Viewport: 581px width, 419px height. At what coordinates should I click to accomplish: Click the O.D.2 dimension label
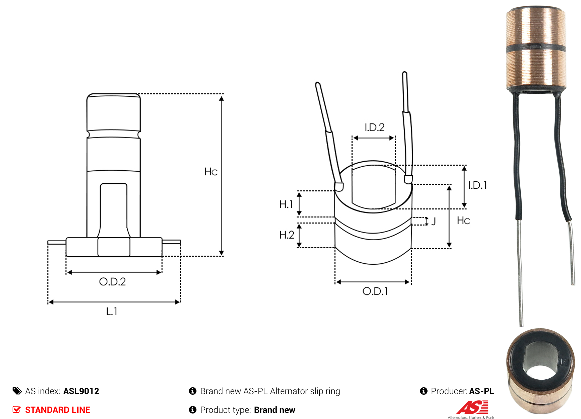point(112,282)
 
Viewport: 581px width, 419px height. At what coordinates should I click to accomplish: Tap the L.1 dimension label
point(112,311)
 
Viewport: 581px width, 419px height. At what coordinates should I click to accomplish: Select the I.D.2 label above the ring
point(374,127)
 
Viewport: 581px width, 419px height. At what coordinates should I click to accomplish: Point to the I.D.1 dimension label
point(477,185)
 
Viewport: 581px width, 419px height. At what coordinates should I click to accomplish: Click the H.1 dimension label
point(286,205)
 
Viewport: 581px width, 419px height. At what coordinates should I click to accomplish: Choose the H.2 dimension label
point(287,235)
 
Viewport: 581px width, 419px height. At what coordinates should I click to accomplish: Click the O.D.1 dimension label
point(375,291)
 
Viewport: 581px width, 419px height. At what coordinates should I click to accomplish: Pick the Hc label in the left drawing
point(211,172)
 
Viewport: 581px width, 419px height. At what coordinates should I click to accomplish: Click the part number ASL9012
point(81,391)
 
